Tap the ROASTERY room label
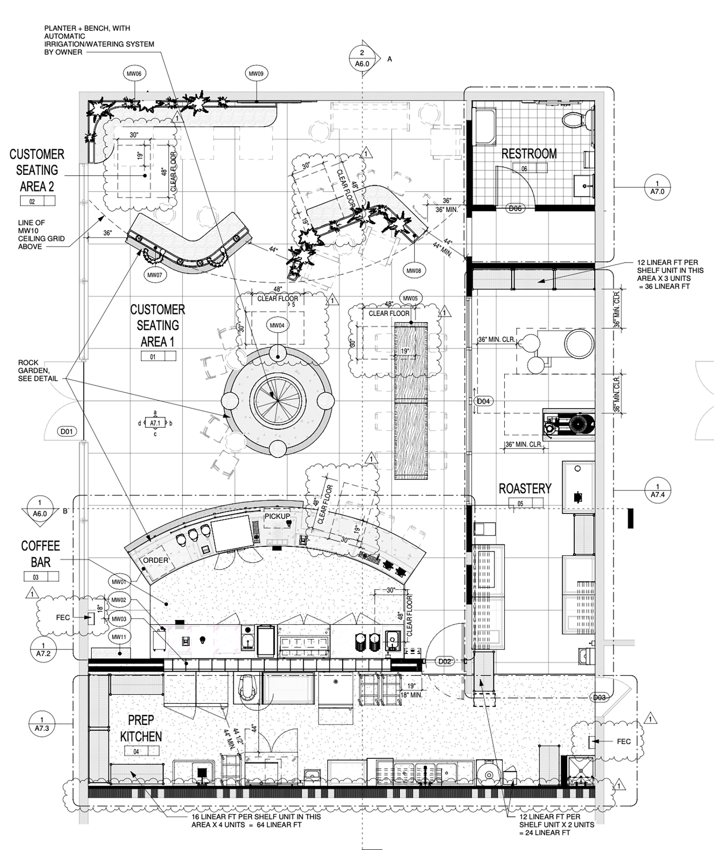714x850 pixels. [525, 488]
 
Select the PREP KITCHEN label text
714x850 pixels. [141, 728]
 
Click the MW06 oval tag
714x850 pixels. [134, 74]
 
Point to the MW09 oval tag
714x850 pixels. [256, 74]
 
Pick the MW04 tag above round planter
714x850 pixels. [277, 325]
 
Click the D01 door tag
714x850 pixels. [67, 431]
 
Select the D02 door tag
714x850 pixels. [444, 661]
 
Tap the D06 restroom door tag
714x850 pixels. [515, 209]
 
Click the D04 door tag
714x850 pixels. [483, 401]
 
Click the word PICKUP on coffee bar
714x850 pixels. [277, 516]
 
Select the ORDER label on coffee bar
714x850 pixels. [156, 561]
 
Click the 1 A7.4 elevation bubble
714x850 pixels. [657, 490]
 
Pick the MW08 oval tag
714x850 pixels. [413, 270]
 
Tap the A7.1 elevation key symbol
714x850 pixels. [155, 423]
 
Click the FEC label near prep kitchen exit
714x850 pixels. [623, 741]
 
